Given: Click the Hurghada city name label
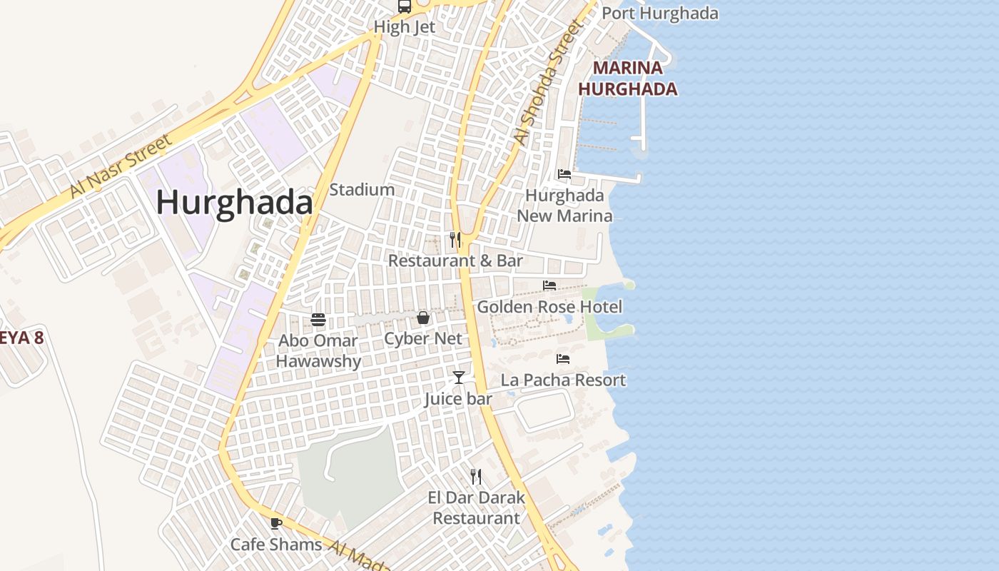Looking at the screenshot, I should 234,203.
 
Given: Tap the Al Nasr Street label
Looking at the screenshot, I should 121,166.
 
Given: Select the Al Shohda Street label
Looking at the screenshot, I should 549,82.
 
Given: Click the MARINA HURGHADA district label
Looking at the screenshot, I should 627,79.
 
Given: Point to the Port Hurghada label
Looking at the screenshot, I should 660,13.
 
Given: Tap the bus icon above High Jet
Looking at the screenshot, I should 405,7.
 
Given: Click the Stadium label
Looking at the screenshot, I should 362,190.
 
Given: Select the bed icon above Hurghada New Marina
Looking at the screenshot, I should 564,174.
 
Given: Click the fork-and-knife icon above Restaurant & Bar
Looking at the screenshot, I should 455,240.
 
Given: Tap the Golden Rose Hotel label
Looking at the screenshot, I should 549,307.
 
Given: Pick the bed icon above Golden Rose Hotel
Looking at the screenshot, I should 549,285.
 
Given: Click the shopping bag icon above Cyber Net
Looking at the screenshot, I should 423,318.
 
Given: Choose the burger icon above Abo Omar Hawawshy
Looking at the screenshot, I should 318,319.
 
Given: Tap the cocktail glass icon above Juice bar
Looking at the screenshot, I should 458,378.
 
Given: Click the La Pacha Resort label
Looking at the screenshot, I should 563,380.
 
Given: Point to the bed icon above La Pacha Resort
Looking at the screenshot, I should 563,359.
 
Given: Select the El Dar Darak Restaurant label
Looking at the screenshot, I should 476,507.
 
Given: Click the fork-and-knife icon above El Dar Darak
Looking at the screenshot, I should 476,476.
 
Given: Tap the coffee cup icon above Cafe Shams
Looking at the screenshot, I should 276,523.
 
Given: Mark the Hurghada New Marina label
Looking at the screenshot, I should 564,206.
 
